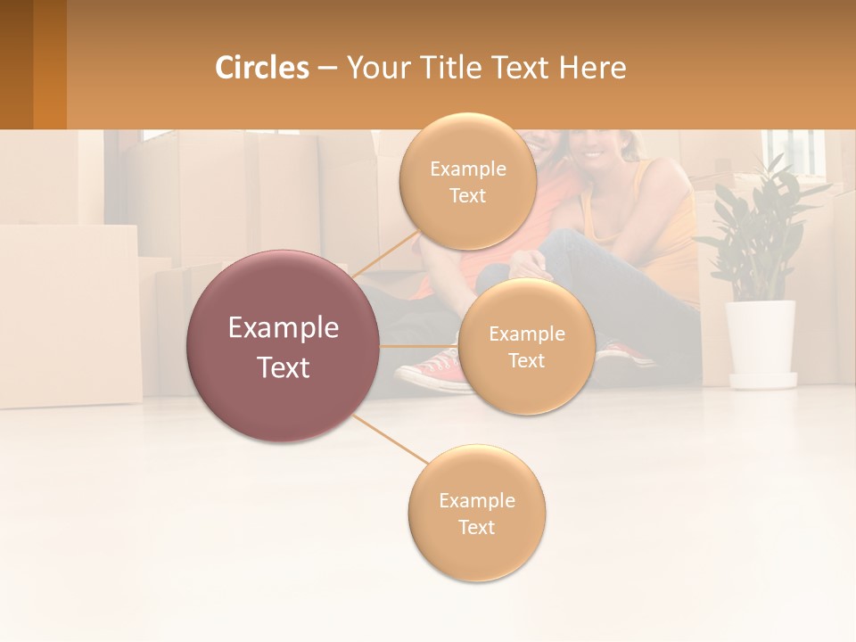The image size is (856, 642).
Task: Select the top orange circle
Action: click(467, 181)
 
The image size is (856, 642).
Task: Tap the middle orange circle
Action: click(526, 347)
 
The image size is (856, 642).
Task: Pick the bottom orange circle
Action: click(476, 514)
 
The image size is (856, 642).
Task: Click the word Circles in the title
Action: click(262, 68)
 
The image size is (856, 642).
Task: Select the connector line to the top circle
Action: click(386, 252)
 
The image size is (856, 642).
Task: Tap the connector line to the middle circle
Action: click(418, 346)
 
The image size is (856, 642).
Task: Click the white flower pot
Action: click(761, 342)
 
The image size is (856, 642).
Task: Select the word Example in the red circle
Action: click(284, 328)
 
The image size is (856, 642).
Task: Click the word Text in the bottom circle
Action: click(476, 527)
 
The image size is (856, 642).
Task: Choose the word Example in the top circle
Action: click(467, 169)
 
